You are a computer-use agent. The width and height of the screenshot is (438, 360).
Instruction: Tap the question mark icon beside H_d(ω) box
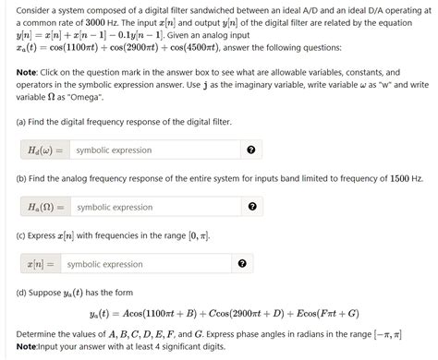[x=250, y=150]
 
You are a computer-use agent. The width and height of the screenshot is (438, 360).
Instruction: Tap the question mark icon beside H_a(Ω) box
[x=250, y=208]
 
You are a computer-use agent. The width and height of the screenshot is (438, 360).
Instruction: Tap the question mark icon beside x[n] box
[x=241, y=265]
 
